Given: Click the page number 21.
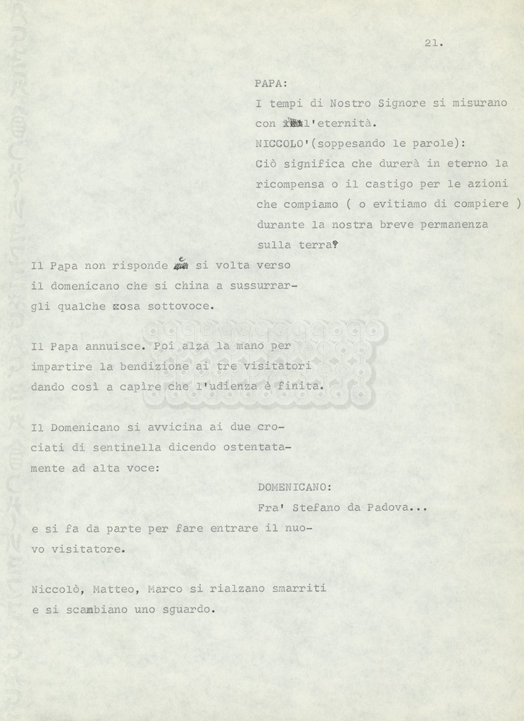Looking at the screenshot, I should (x=433, y=43).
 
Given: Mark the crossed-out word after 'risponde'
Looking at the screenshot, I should (x=181, y=266).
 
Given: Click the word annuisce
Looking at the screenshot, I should (x=117, y=346).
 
